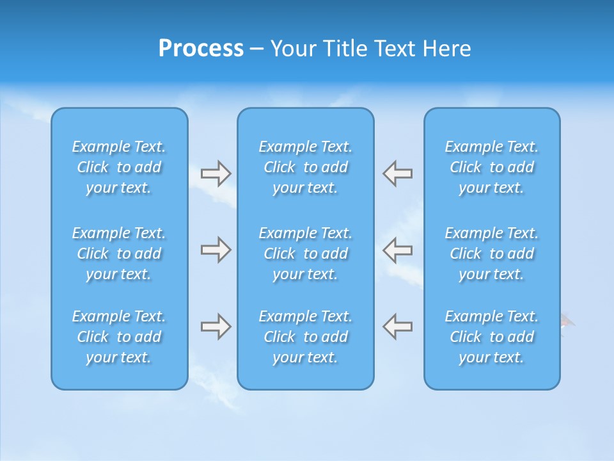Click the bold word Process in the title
(201, 49)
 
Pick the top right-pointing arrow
(216, 174)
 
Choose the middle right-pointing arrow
(216, 249)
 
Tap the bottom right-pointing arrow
(216, 326)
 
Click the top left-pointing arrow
(398, 174)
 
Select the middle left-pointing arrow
(398, 249)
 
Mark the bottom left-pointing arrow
(398, 326)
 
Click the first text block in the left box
(119, 167)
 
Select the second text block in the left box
(119, 254)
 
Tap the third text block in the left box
(119, 337)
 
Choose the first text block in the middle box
(306, 167)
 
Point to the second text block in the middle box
(306, 254)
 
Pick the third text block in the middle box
(306, 337)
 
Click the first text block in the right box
(492, 167)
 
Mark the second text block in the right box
(492, 254)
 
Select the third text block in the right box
(492, 337)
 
